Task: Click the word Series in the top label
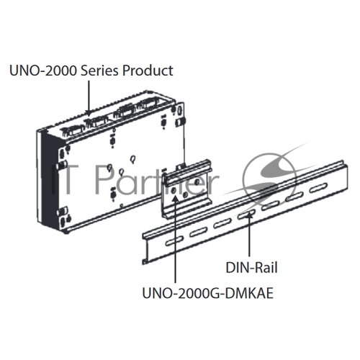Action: click(x=100, y=71)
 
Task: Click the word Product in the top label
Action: click(x=148, y=71)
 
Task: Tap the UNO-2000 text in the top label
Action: click(x=43, y=71)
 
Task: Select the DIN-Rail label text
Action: click(x=251, y=268)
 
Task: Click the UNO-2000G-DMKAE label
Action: click(x=208, y=293)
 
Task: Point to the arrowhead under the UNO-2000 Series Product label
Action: click(x=89, y=113)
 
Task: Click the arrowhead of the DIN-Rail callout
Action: click(x=250, y=215)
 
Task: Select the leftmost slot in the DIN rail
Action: click(x=174, y=240)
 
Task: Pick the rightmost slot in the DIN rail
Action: click(x=318, y=188)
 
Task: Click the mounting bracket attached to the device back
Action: click(x=186, y=189)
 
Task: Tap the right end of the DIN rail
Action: click(x=346, y=175)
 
